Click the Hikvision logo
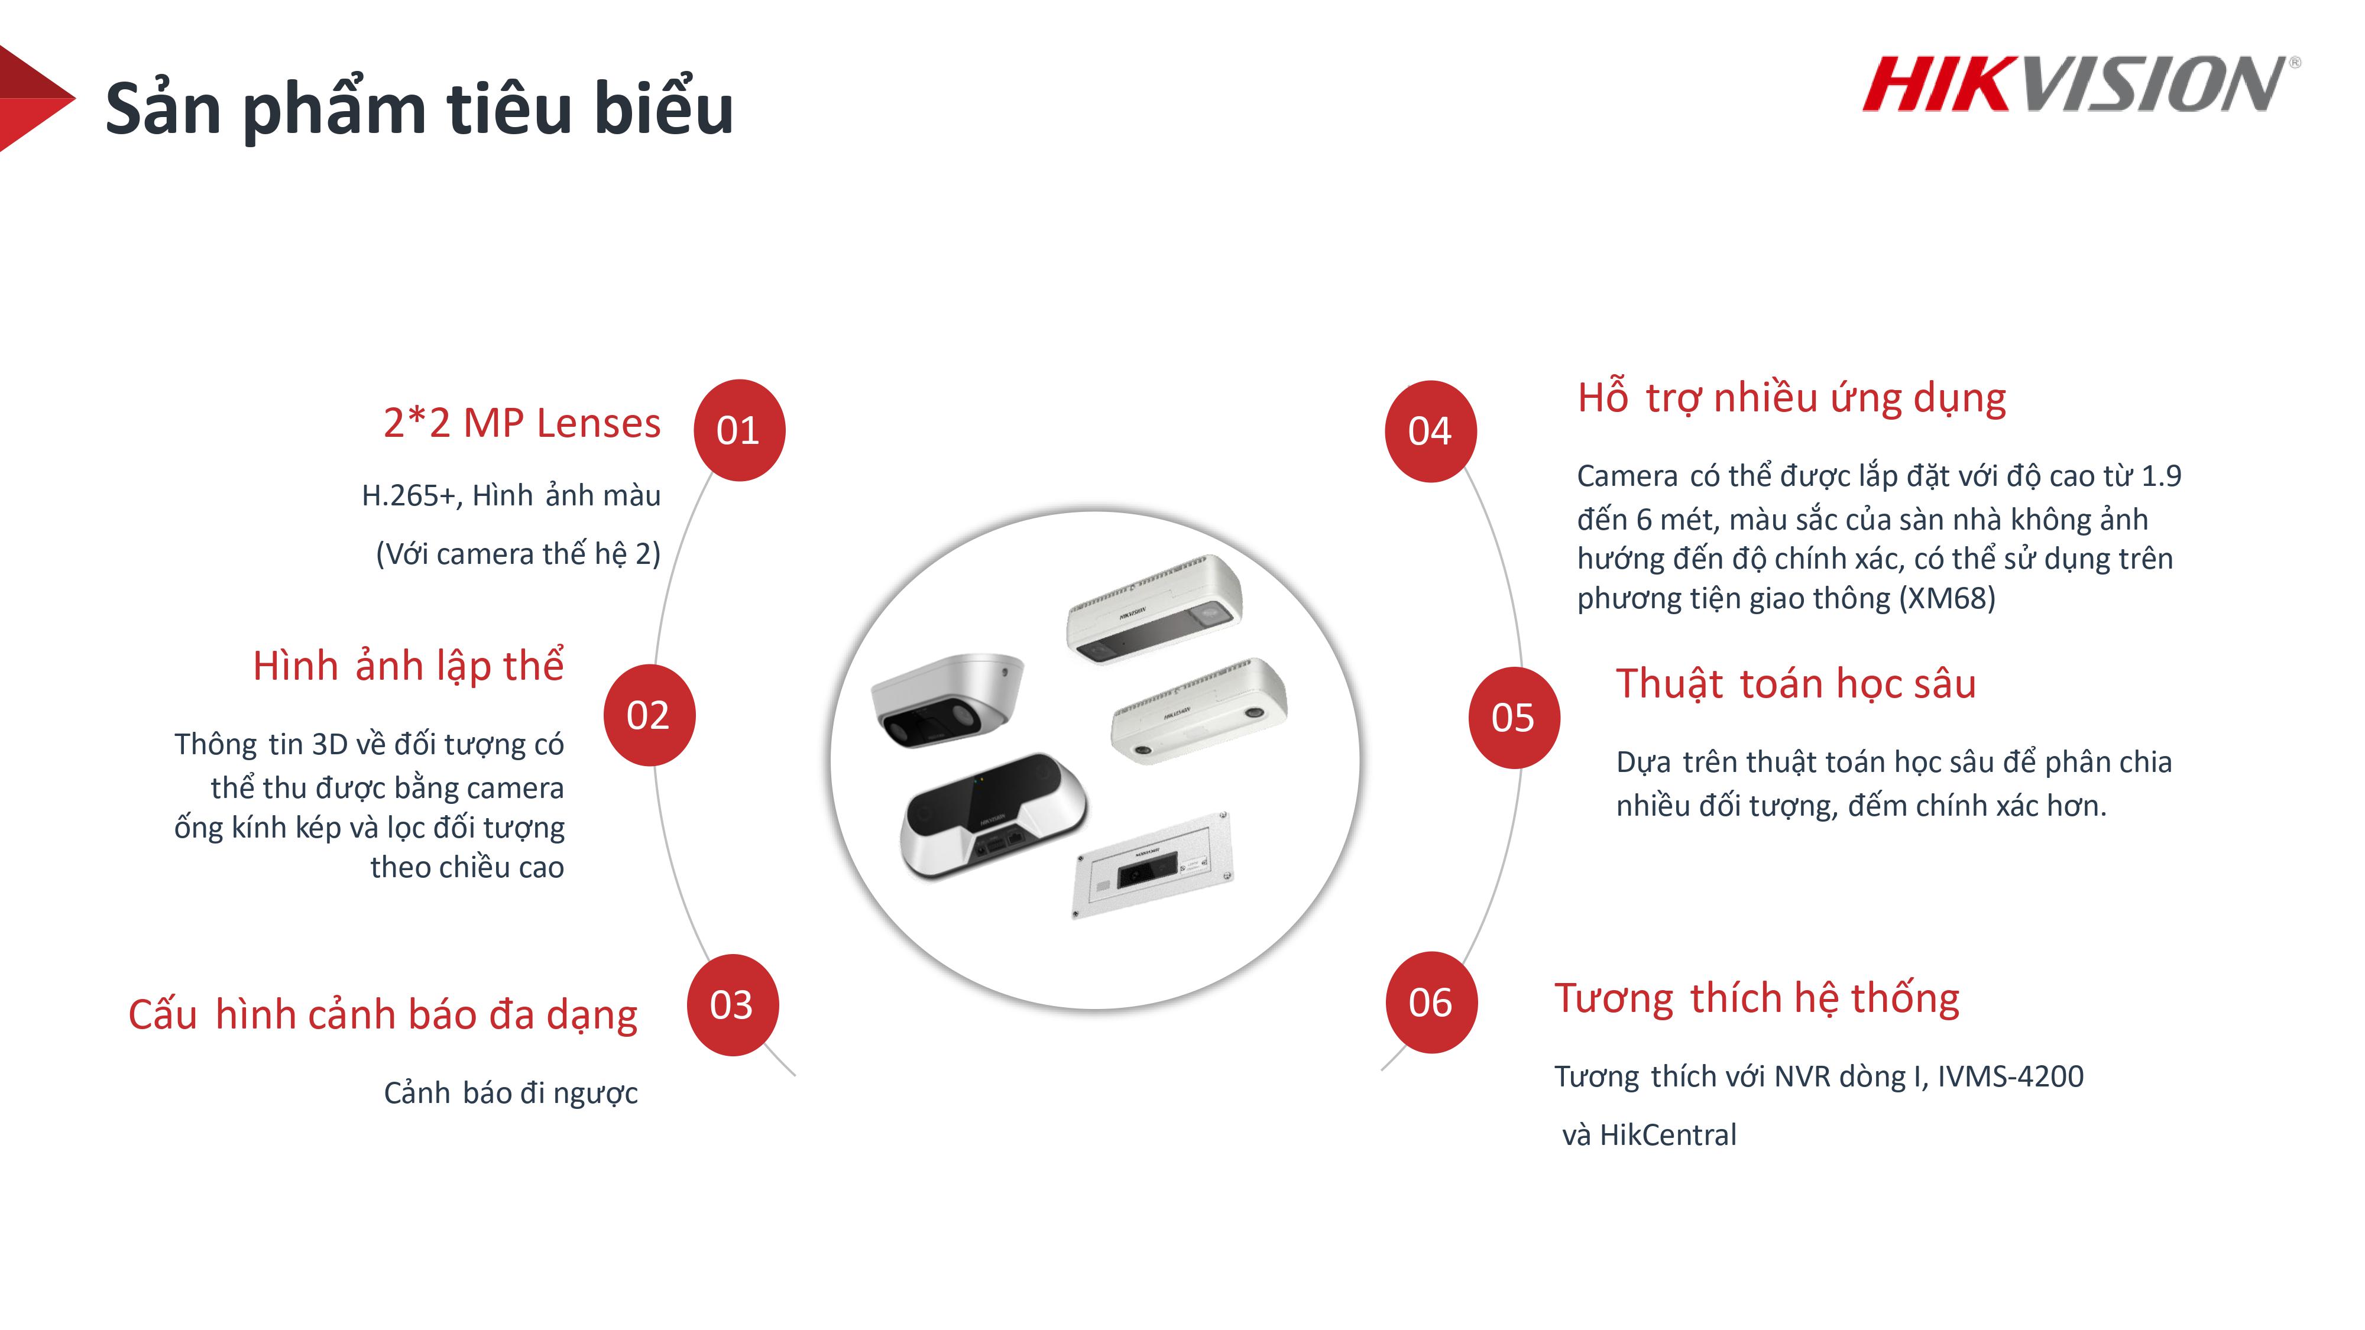(2079, 85)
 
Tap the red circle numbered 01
(738, 430)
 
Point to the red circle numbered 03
(732, 1005)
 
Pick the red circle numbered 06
(1430, 1003)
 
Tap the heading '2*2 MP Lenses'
(521, 423)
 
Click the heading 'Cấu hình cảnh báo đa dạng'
(383, 1014)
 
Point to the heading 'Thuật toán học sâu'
(1795, 684)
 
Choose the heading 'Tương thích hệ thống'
(1756, 998)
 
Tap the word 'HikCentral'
(1667, 1136)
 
